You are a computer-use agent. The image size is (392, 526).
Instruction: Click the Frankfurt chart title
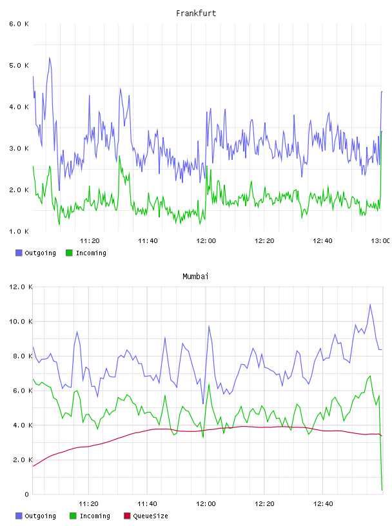[196, 13]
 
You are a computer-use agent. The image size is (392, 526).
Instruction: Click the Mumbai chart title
[195, 276]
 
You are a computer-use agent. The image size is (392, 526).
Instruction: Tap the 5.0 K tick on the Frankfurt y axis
[19, 65]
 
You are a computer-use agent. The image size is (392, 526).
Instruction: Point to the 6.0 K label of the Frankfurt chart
[19, 24]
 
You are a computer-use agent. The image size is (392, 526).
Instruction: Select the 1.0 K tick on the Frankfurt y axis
[19, 231]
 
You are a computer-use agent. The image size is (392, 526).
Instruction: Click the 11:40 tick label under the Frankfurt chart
[148, 240]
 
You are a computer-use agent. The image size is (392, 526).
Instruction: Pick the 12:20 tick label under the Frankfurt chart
[264, 240]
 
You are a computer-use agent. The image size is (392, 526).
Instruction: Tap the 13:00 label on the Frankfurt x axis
[380, 240]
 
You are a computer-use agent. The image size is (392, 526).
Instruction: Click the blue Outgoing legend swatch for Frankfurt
[19, 253]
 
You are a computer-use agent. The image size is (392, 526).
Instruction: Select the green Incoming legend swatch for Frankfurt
[69, 253]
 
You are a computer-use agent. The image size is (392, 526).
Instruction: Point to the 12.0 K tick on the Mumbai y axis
[21, 287]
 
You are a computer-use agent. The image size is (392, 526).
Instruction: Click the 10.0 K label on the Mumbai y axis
[21, 322]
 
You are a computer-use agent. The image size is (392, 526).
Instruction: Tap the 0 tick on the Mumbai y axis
[27, 494]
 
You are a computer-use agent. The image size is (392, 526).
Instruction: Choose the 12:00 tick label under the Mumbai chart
[206, 503]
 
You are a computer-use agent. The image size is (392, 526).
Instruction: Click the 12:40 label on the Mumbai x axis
[323, 503]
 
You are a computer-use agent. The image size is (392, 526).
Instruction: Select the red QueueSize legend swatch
[127, 516]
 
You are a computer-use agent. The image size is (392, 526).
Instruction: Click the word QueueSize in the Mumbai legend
[150, 516]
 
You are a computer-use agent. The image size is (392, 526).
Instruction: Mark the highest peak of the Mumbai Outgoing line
[370, 304]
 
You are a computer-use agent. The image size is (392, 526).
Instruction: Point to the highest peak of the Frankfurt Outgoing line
[50, 58]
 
